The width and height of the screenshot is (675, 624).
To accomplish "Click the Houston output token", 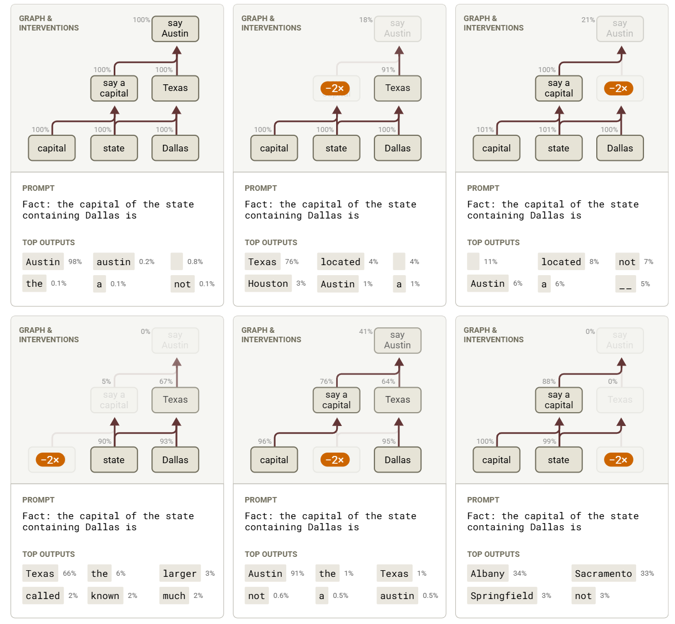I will click(268, 283).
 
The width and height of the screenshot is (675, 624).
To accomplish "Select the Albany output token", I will click(488, 574).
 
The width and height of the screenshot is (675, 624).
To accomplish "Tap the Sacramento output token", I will click(603, 574).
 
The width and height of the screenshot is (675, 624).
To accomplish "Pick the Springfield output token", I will click(501, 596).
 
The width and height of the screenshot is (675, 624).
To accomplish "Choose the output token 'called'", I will click(43, 596).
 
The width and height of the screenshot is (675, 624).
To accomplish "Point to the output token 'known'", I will click(105, 596).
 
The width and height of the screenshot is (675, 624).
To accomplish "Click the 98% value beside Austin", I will click(75, 262).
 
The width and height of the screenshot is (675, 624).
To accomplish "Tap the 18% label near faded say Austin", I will click(366, 20).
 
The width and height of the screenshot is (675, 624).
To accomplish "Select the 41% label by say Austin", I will click(366, 332).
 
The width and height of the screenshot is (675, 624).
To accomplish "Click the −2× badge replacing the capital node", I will click(50, 460).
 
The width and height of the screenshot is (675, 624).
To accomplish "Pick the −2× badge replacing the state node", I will click(335, 460).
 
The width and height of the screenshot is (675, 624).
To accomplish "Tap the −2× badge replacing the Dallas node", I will click(618, 460).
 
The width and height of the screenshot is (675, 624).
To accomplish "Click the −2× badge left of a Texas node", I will click(335, 88).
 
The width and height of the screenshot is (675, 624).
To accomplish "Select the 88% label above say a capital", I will click(549, 382).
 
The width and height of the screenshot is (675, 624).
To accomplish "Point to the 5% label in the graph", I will click(106, 382).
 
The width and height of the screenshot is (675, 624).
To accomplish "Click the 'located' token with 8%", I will click(561, 262).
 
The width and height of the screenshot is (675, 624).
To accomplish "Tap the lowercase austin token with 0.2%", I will click(114, 262).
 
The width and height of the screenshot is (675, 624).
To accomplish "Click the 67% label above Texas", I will click(166, 382).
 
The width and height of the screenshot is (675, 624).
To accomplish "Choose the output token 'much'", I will click(174, 596).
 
